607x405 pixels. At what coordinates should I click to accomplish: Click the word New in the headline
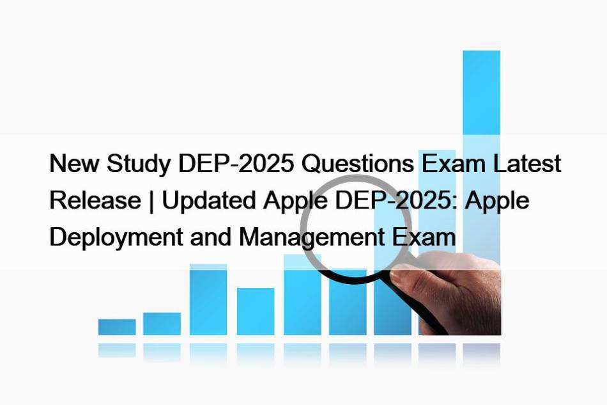coord(74,163)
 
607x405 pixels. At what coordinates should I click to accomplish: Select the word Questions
coord(358,163)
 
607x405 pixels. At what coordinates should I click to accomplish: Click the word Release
coord(95,200)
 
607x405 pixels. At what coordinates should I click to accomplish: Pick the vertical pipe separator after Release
coord(151,201)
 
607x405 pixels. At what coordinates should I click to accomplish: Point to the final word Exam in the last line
coord(424,237)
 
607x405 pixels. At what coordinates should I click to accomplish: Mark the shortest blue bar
coord(117,327)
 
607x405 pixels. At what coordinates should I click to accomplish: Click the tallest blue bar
coord(482,155)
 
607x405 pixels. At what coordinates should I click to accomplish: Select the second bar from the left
coord(162,324)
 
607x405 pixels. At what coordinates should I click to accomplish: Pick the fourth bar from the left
coord(256,311)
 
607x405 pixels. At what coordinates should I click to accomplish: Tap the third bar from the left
coord(208,299)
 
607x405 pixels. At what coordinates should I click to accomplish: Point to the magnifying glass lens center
coord(355,228)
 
